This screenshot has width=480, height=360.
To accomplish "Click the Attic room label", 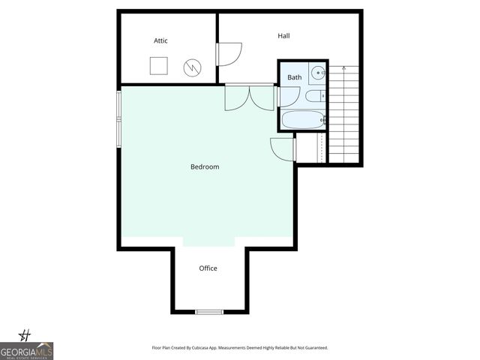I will (160, 40).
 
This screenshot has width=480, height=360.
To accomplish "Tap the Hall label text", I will (283, 36).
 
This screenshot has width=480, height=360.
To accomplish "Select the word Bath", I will (294, 77).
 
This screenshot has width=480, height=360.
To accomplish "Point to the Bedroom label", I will (205, 166).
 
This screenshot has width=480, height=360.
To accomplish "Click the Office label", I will (208, 268).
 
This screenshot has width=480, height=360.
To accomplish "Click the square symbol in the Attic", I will (158, 66).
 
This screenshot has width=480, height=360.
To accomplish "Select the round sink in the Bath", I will (317, 73).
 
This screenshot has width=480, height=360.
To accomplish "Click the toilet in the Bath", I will (316, 95).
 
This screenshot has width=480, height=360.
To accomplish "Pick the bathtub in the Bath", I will (303, 120).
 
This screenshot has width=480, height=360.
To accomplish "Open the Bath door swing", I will (287, 96).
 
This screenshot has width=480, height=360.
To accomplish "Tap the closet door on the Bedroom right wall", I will (283, 148).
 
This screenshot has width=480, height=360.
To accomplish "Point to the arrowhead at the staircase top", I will (344, 68).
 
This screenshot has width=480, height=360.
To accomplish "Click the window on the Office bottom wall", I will (208, 311).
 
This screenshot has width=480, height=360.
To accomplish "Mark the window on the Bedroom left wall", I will (118, 117).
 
